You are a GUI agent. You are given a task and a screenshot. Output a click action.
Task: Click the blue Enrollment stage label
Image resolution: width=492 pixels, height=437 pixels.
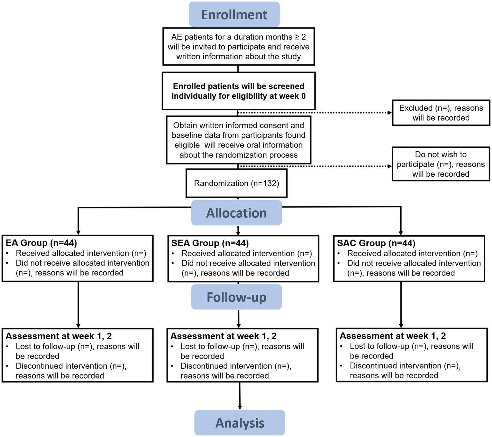[x=234, y=15]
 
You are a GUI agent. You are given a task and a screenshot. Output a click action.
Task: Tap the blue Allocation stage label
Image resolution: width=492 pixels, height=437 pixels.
[x=236, y=213]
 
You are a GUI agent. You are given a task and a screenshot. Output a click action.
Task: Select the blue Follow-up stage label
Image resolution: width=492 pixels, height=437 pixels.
[x=236, y=297]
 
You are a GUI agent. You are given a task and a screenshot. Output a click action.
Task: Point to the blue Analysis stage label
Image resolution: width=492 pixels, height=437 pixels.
[x=239, y=423]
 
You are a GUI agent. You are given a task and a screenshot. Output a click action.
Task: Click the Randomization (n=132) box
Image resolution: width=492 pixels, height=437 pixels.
[x=236, y=183]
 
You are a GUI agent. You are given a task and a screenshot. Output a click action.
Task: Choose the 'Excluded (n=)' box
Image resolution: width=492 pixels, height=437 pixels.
[x=441, y=113]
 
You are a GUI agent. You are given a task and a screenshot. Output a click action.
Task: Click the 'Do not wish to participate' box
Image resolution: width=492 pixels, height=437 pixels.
[x=441, y=164]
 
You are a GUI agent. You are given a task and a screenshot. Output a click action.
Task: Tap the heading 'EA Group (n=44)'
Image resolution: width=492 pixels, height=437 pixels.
[x=41, y=243]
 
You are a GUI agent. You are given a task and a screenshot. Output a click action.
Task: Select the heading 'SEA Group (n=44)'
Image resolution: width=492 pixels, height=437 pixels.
[x=210, y=243]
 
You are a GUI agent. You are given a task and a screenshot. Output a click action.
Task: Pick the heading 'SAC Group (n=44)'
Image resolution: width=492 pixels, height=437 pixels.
[x=376, y=243]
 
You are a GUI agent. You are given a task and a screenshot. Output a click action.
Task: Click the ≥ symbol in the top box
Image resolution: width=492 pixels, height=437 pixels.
[x=297, y=37]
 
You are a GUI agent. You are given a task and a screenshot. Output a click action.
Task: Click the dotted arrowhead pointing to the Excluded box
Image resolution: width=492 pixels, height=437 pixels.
[x=390, y=113]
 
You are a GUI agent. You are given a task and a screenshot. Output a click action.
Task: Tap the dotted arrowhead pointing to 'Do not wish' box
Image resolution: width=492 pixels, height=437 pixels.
[x=390, y=166]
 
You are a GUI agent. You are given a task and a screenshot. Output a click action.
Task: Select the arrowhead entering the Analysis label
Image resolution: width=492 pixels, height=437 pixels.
[x=240, y=407]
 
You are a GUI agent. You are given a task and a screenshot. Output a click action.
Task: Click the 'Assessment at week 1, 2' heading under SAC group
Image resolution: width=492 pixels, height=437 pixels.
[x=393, y=336]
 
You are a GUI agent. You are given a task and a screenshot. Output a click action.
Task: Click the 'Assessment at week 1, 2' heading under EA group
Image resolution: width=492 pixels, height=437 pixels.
[x=59, y=336]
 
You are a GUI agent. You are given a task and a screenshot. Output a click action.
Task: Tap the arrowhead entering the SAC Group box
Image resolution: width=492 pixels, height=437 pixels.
[x=401, y=233]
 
